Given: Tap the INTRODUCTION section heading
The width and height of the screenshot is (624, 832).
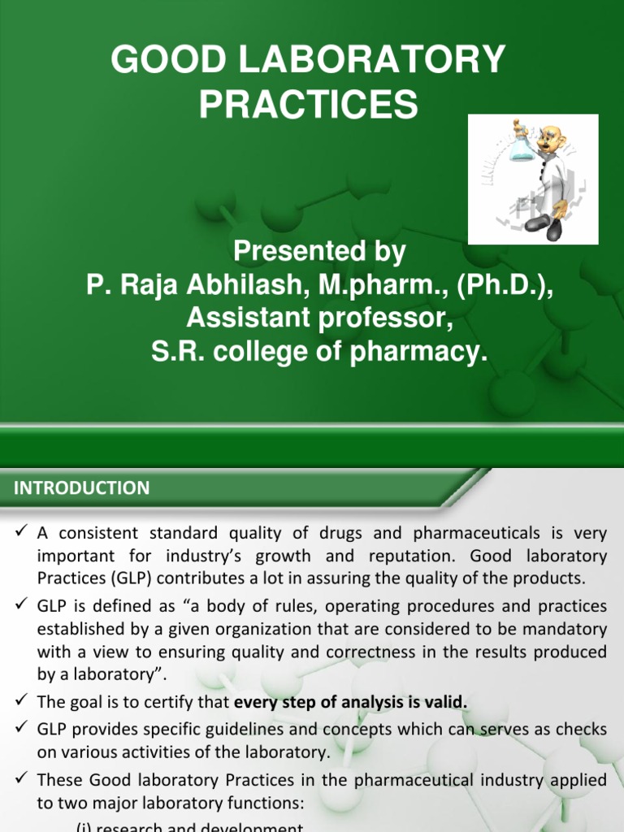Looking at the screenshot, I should (x=81, y=488).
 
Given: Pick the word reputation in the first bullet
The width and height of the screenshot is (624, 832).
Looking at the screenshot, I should (x=390, y=557).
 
